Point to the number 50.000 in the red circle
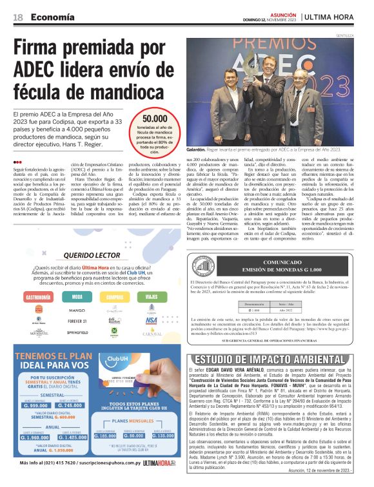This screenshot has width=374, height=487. (x=155, y=119)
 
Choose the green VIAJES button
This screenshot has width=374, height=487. (x=152, y=297)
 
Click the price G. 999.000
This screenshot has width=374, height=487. (x=35, y=405)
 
